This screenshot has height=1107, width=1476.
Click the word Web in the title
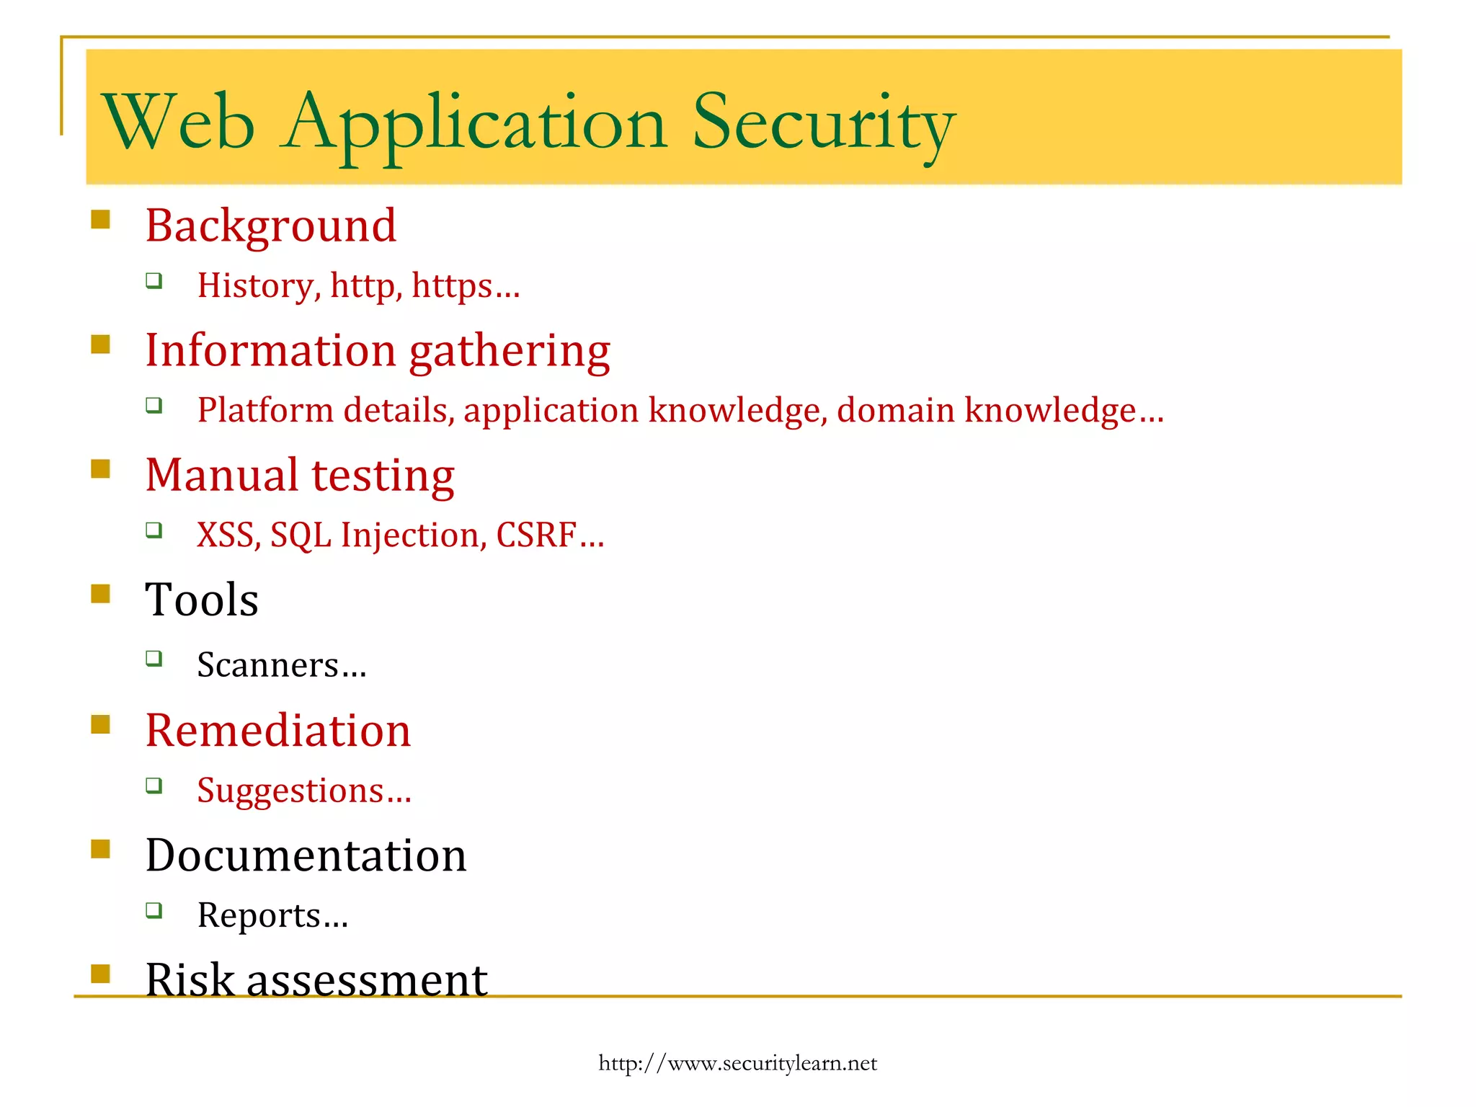pos(179,123)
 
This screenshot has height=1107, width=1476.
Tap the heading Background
pos(270,226)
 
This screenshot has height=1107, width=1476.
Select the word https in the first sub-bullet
pos(452,286)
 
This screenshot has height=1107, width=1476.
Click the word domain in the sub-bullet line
pos(896,410)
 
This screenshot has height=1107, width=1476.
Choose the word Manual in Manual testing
pos(221,476)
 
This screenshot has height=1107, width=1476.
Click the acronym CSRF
pos(536,535)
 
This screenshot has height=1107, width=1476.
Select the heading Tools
pos(202,600)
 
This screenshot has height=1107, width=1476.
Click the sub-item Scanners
pos(268,664)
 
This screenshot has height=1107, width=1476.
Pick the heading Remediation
pos(278,731)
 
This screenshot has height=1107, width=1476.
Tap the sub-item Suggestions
pos(290,791)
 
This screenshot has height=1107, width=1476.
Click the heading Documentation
pos(306,855)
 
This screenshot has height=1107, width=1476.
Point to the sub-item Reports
pos(259,915)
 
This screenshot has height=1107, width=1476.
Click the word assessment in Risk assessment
pos(367,980)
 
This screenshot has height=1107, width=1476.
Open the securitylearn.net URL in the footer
pos(737,1063)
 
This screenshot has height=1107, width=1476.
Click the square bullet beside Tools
pos(101,594)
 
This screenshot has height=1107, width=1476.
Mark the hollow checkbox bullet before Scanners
pos(154,658)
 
